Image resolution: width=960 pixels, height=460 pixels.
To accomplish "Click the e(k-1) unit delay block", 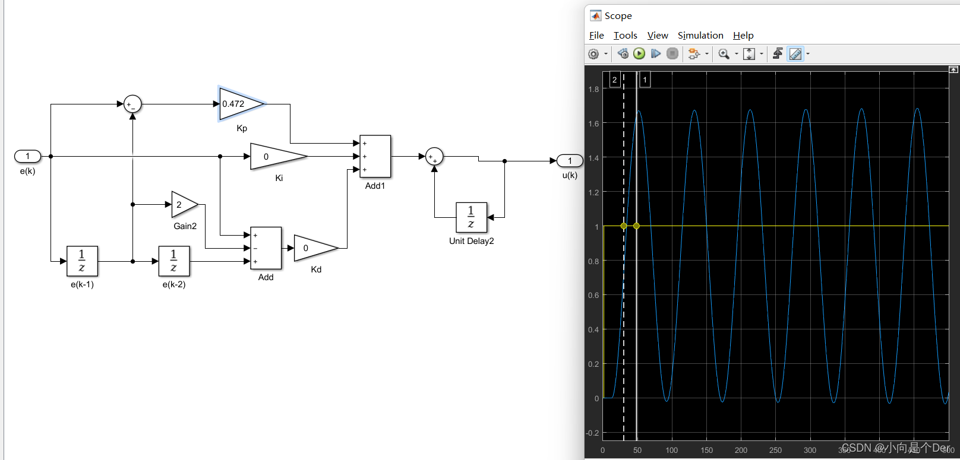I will (x=82, y=261).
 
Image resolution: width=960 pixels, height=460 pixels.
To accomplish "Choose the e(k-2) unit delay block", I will (x=174, y=261).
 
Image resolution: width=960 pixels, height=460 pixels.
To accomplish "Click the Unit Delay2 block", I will (x=471, y=217).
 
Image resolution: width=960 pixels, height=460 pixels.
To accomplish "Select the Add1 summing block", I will (x=375, y=156).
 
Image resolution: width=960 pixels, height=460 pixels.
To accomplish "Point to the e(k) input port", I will (x=27, y=156).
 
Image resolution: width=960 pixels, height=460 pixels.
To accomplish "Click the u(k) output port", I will (x=570, y=161).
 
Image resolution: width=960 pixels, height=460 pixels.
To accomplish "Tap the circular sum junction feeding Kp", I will (x=132, y=104).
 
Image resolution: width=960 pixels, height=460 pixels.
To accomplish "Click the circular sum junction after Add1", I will (x=434, y=157).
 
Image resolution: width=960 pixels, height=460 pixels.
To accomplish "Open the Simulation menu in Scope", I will (x=700, y=36).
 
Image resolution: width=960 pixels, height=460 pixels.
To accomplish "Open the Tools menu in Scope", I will (x=625, y=36).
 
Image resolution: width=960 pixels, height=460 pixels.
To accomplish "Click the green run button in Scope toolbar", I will (x=639, y=54).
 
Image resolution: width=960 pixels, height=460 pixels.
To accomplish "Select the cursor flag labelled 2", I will (x=615, y=80).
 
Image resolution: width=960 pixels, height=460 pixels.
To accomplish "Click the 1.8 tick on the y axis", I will (x=593, y=90).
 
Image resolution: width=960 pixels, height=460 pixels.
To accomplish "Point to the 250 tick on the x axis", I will (x=775, y=451).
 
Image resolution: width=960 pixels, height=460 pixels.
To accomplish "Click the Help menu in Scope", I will (x=743, y=36).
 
